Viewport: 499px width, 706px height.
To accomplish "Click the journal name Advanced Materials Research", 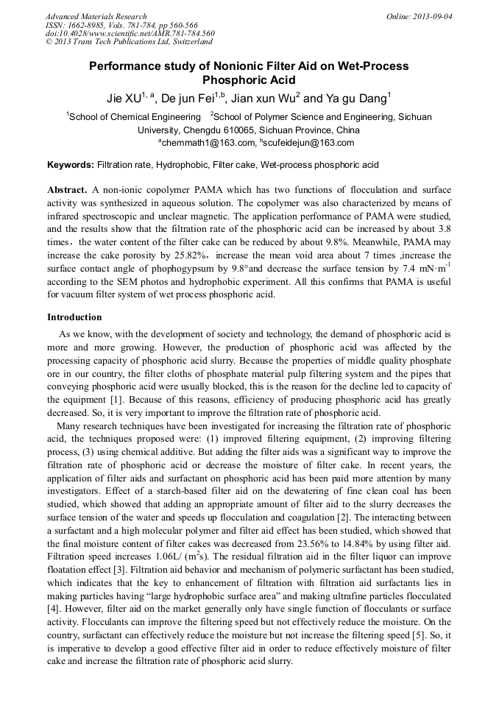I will [96, 16].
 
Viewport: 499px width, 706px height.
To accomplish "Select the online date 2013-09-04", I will [432, 16].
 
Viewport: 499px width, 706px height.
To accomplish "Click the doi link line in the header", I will [130, 33].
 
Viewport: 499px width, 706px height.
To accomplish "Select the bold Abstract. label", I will [68, 189].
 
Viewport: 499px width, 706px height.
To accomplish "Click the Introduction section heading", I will [74, 317].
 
